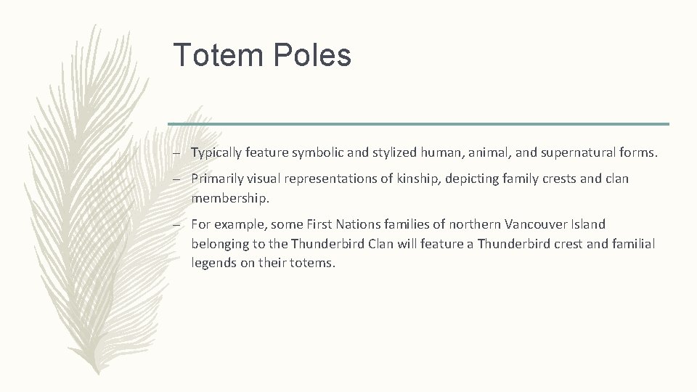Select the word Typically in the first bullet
[x=216, y=152]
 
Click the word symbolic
[x=314, y=152]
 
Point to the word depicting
[x=469, y=179]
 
